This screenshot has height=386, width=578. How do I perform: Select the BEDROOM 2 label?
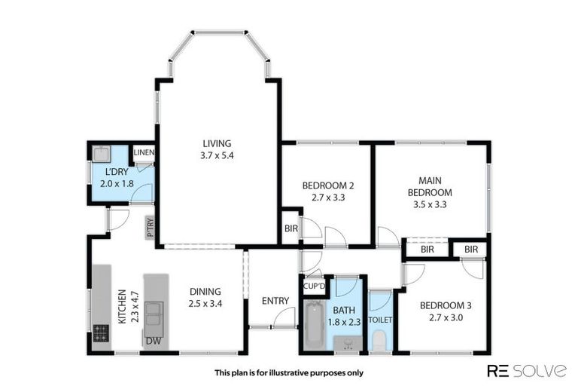click(x=327, y=185)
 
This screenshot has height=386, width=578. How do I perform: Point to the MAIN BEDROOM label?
click(x=430, y=186)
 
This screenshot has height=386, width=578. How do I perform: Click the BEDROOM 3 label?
click(x=445, y=305)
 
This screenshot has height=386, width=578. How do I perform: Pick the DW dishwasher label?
click(x=152, y=341)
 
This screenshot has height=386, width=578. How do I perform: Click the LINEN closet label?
click(x=144, y=153)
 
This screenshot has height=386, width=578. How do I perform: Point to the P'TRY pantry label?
click(x=151, y=227)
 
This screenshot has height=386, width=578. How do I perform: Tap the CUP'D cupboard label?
click(x=313, y=287)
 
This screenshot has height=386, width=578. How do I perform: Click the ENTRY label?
click(x=275, y=301)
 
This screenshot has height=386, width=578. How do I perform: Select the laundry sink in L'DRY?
click(x=102, y=154)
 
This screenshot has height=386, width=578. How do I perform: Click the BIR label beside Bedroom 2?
click(x=291, y=228)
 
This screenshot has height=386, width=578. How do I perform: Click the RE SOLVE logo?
click(x=526, y=371)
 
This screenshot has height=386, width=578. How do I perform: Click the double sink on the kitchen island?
click(x=154, y=311)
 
